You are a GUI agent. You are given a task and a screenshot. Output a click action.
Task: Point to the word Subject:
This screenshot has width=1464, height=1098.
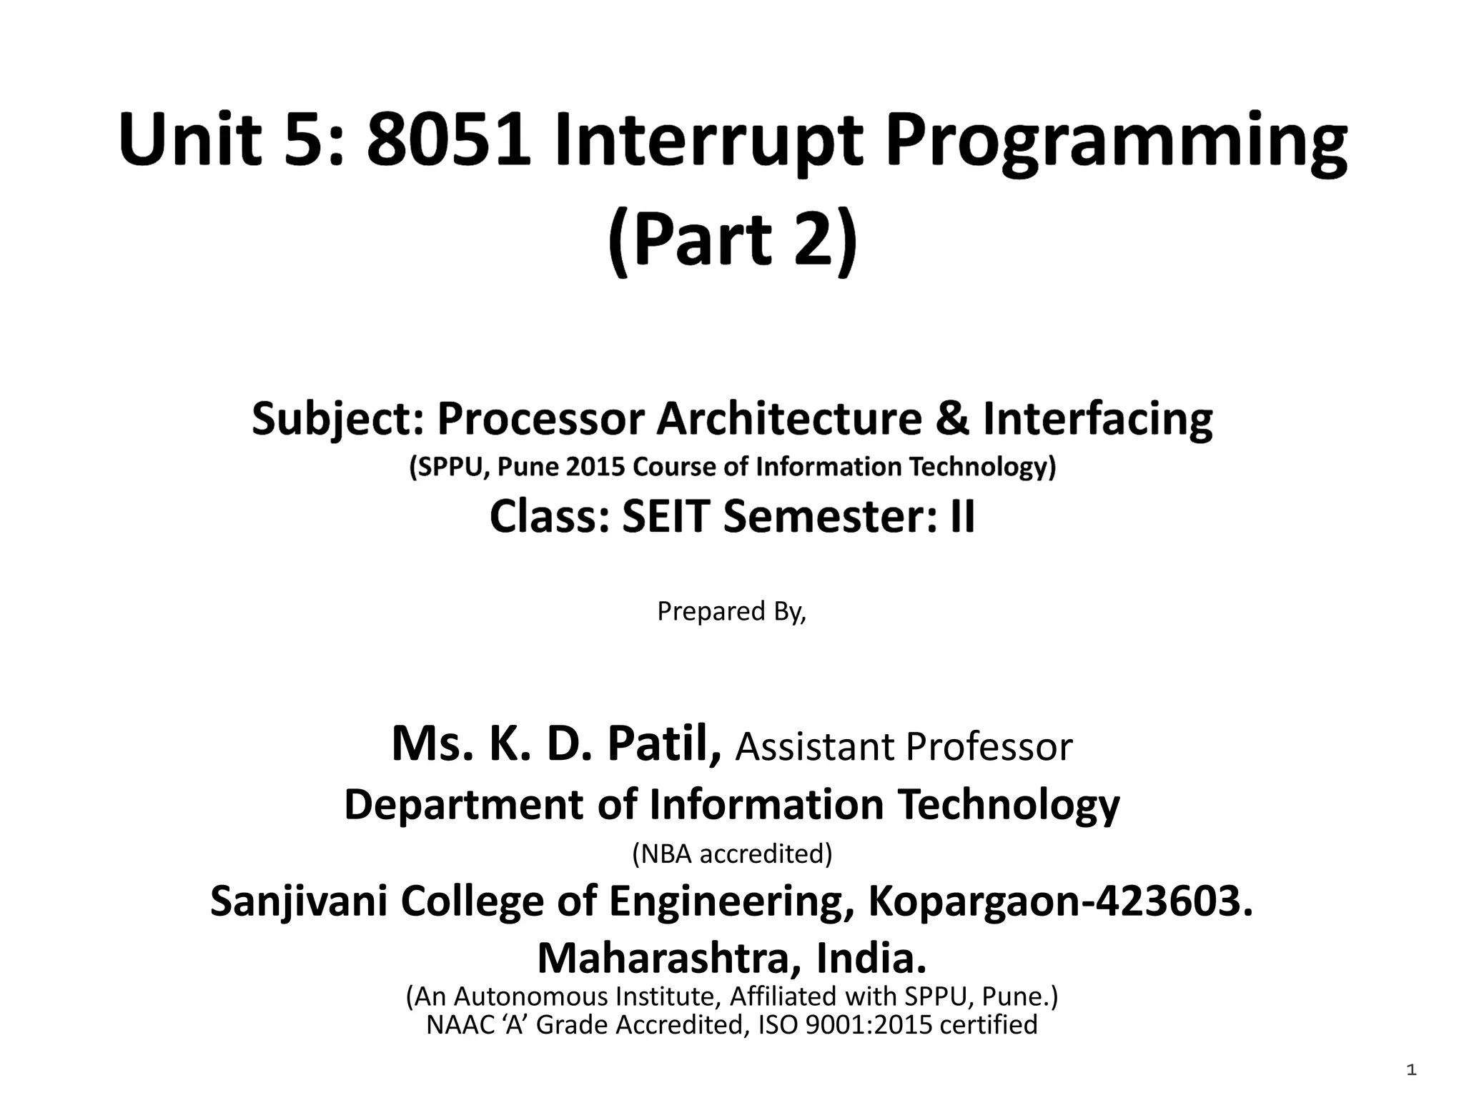click(x=337, y=420)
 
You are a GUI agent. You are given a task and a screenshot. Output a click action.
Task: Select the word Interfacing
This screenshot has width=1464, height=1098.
click(x=1098, y=420)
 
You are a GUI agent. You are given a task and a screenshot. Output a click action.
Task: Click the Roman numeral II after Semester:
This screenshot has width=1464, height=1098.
click(x=962, y=516)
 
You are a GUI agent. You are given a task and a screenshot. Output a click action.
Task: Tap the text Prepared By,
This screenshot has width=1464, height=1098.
click(x=731, y=612)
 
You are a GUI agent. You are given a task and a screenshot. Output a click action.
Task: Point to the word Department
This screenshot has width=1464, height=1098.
click(x=464, y=805)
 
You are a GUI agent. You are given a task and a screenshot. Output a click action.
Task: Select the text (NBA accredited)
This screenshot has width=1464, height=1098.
click(x=732, y=854)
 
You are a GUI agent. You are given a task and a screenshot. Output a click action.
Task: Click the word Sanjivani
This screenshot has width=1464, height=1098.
click(x=299, y=902)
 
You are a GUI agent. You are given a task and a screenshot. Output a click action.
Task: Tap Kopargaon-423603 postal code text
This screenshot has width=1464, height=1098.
click(x=1061, y=902)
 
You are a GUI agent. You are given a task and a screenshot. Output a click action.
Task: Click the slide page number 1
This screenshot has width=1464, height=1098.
click(x=1411, y=1070)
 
